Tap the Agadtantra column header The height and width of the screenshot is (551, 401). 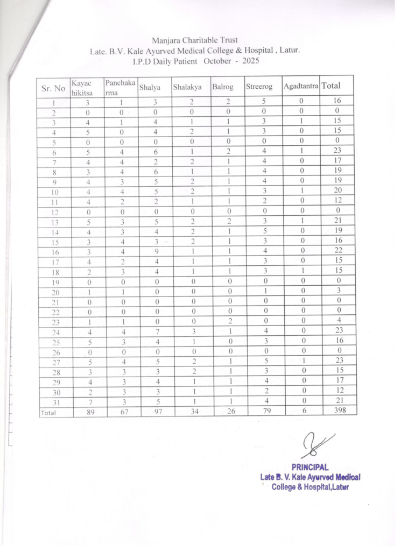pyautogui.click(x=301, y=86)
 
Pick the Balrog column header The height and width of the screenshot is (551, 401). pyautogui.click(x=222, y=87)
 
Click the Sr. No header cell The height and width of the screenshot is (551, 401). pyautogui.click(x=53, y=89)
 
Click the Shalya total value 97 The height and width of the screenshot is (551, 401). pyautogui.click(x=155, y=411)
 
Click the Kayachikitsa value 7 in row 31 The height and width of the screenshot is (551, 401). pyautogui.click(x=88, y=402)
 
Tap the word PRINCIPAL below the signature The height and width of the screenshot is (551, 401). pyautogui.click(x=310, y=467)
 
